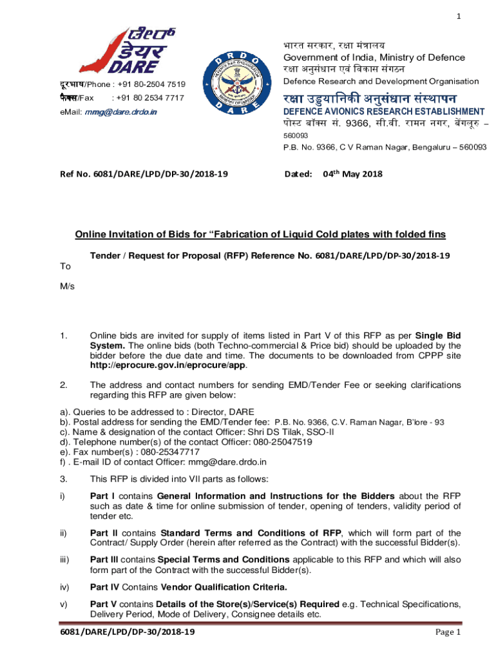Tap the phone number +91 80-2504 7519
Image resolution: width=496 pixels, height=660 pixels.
click(x=148, y=84)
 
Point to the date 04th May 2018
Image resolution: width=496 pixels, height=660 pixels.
click(x=352, y=174)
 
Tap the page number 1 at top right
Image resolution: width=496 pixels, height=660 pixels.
click(x=458, y=17)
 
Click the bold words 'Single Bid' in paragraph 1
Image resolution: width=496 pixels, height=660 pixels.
click(x=437, y=336)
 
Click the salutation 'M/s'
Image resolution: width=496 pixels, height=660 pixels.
click(x=67, y=286)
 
